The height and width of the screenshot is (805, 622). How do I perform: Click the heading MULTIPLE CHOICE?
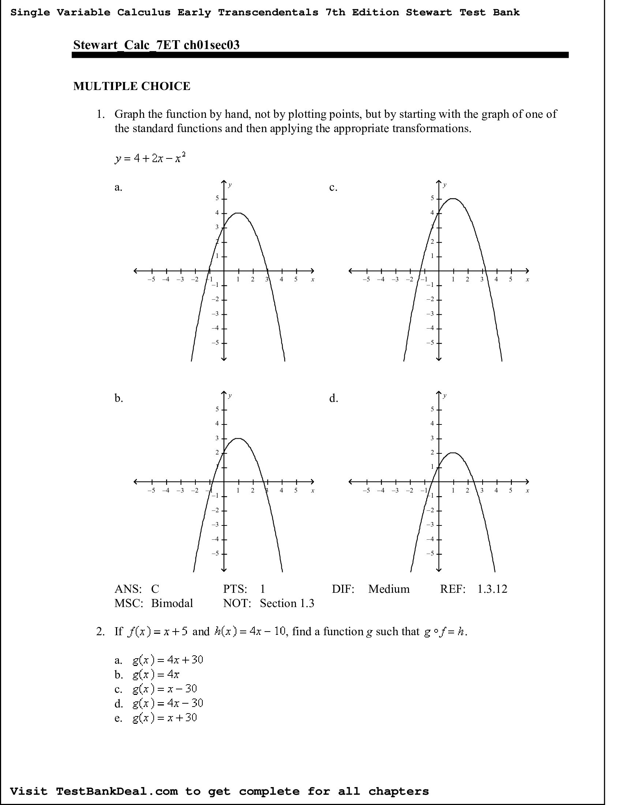click(132, 86)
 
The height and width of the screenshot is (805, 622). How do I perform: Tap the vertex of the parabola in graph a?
click(239, 213)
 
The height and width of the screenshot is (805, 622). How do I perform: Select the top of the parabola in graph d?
click(453, 453)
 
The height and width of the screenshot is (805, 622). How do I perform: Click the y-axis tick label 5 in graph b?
click(217, 409)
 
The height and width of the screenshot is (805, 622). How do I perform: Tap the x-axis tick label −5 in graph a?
click(151, 280)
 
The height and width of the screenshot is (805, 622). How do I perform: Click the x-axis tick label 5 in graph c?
click(511, 280)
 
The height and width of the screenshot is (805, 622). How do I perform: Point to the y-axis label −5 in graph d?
click(430, 554)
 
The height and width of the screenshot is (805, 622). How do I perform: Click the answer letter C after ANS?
click(155, 589)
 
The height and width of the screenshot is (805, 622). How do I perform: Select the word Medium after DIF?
click(389, 589)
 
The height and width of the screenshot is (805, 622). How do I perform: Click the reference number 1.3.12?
click(492, 589)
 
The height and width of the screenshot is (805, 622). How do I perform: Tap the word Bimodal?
click(172, 603)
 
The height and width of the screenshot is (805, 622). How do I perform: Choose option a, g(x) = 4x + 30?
click(168, 659)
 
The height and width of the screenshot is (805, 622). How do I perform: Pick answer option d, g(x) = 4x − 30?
click(168, 703)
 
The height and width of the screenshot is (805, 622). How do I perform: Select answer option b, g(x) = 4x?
click(156, 674)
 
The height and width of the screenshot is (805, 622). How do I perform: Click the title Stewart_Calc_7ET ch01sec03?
click(156, 45)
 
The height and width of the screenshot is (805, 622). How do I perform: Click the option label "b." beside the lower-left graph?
click(119, 398)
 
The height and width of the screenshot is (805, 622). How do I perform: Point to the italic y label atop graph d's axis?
click(445, 396)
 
